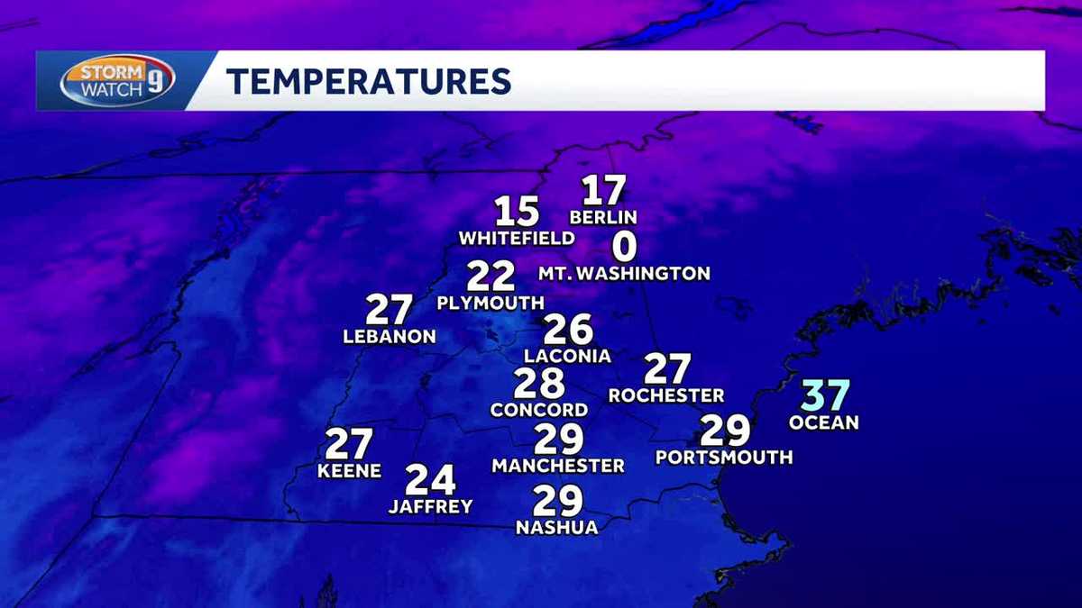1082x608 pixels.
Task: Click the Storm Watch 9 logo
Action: click(x=117, y=81)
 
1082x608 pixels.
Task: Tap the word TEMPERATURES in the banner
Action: click(x=368, y=81)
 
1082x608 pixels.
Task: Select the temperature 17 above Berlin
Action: click(x=603, y=190)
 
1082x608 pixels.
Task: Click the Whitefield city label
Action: click(x=517, y=239)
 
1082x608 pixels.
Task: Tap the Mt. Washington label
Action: click(x=624, y=273)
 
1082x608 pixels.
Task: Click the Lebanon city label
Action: click(x=390, y=337)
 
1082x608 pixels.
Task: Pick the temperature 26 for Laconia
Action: click(x=568, y=330)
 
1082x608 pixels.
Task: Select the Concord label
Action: click(x=539, y=410)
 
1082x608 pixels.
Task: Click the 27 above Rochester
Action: click(x=667, y=369)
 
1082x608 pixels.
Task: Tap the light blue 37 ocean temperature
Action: click(x=826, y=395)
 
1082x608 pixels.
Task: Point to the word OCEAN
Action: click(x=824, y=422)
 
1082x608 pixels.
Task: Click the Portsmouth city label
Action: click(x=724, y=458)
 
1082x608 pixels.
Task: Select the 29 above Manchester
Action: click(x=559, y=440)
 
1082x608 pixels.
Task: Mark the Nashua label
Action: click(x=556, y=528)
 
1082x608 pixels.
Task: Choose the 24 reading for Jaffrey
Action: click(x=430, y=480)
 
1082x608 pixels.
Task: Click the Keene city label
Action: click(x=349, y=471)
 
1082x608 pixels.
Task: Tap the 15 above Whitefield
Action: click(x=518, y=212)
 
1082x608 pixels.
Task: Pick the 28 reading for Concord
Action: click(x=539, y=384)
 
